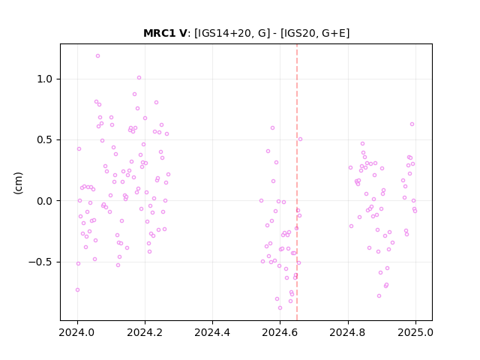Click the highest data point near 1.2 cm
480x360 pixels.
click(x=98, y=56)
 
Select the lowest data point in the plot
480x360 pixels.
click(x=280, y=308)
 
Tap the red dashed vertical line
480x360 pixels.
click(x=297, y=182)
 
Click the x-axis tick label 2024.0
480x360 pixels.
click(x=77, y=332)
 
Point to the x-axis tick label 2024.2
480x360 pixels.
click(x=145, y=332)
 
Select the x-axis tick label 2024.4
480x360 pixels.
click(x=212, y=332)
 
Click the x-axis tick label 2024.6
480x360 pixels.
click(x=280, y=332)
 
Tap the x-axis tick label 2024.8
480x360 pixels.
click(x=348, y=332)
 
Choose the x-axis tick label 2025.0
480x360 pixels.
click(x=415, y=332)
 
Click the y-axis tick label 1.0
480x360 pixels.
click(x=45, y=79)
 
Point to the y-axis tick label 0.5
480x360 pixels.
click(x=45, y=140)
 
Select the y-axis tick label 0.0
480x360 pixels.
click(x=45, y=201)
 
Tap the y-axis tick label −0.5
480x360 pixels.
click(x=40, y=262)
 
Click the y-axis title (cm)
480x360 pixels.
click(x=18, y=183)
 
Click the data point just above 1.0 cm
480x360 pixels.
click(x=139, y=78)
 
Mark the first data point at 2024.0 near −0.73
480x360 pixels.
click(x=77, y=290)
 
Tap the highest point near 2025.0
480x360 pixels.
click(x=412, y=124)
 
